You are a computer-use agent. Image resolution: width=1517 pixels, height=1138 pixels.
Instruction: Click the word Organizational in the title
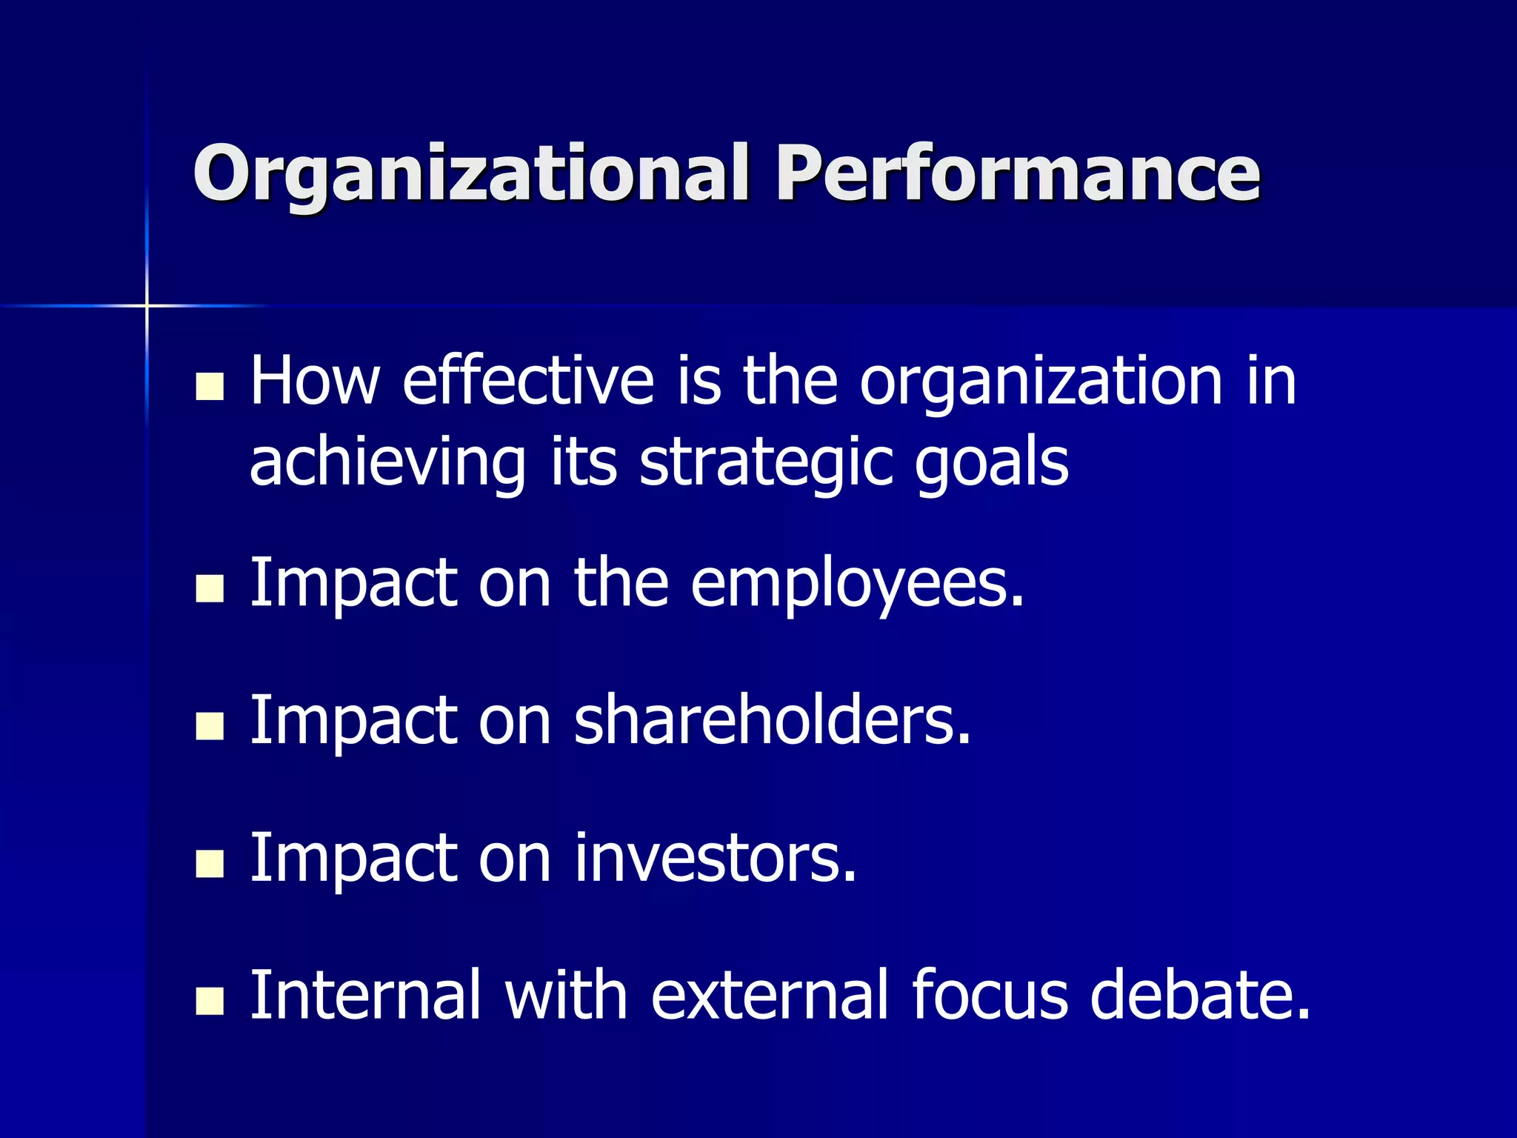click(x=470, y=174)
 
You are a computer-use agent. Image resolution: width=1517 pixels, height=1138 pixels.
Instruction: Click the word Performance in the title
click(x=1017, y=173)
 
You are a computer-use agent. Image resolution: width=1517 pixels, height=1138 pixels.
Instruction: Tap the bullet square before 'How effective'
click(x=210, y=386)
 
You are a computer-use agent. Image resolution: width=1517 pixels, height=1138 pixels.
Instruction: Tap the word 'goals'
click(x=992, y=464)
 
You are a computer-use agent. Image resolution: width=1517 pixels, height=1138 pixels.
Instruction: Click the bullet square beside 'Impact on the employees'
click(x=210, y=589)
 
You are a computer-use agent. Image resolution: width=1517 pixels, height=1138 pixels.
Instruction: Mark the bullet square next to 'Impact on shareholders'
click(x=210, y=726)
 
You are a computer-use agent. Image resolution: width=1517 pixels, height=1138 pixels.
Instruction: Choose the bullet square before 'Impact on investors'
click(x=210, y=864)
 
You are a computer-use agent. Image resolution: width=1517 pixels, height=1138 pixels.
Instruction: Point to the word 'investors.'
click(x=716, y=858)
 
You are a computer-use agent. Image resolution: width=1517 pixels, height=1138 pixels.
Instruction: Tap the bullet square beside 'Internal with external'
click(x=210, y=1001)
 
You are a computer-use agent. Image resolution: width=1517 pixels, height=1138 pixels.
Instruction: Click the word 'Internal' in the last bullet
click(x=366, y=995)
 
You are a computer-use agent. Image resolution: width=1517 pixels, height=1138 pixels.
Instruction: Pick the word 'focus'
click(x=990, y=995)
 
